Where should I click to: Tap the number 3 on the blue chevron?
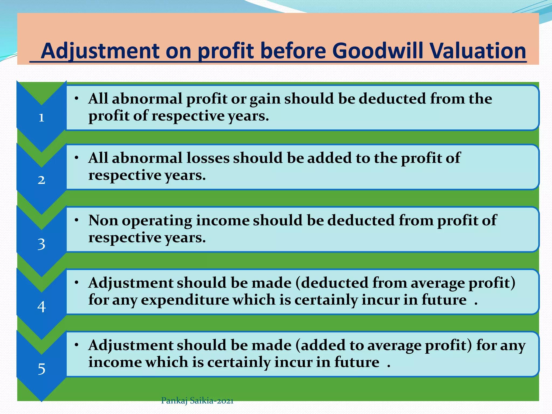tap(41, 244)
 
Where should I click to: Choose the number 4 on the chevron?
tap(41, 307)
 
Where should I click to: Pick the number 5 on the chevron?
tap(41, 369)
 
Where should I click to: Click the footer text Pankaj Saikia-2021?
tap(197, 401)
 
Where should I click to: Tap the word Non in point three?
tap(103, 220)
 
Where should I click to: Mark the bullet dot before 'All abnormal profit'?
tap(77, 99)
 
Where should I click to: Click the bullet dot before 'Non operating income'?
tap(77, 220)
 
